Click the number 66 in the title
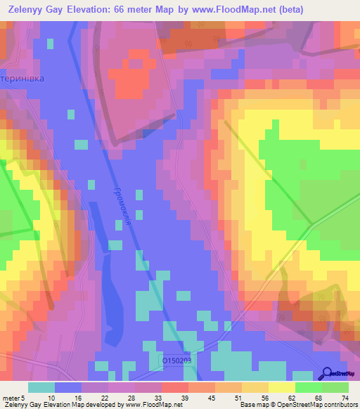pos(124,10)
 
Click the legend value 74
pos(345,398)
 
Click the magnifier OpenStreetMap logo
pos(328,374)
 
